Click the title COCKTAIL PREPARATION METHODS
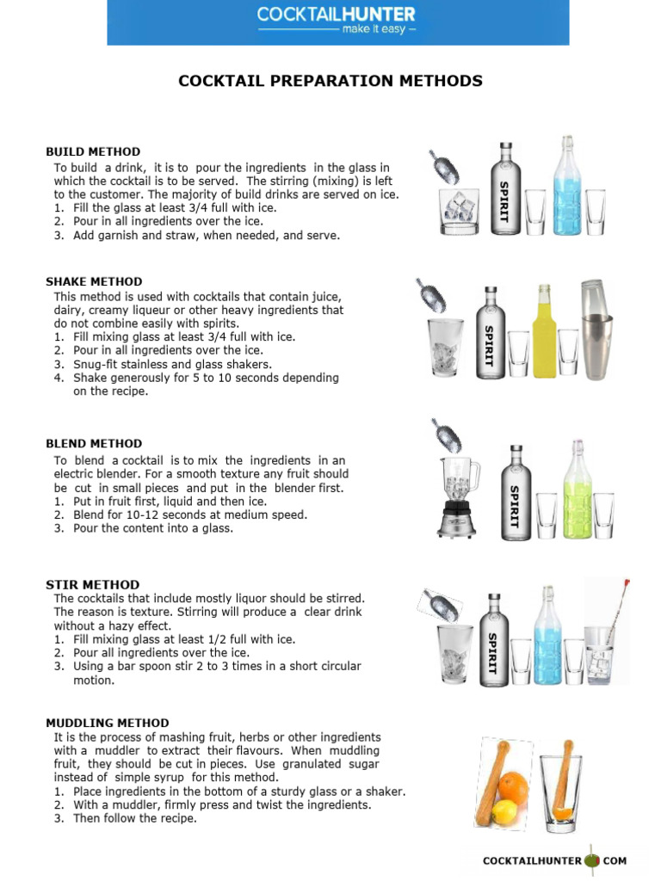[330, 82]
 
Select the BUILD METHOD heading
[93, 152]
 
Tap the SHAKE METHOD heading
[94, 282]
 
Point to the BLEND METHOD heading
[94, 444]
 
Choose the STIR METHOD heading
[92, 585]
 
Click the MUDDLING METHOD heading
[108, 724]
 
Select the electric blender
[457, 499]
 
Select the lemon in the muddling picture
[506, 810]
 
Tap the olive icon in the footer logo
[591, 860]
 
